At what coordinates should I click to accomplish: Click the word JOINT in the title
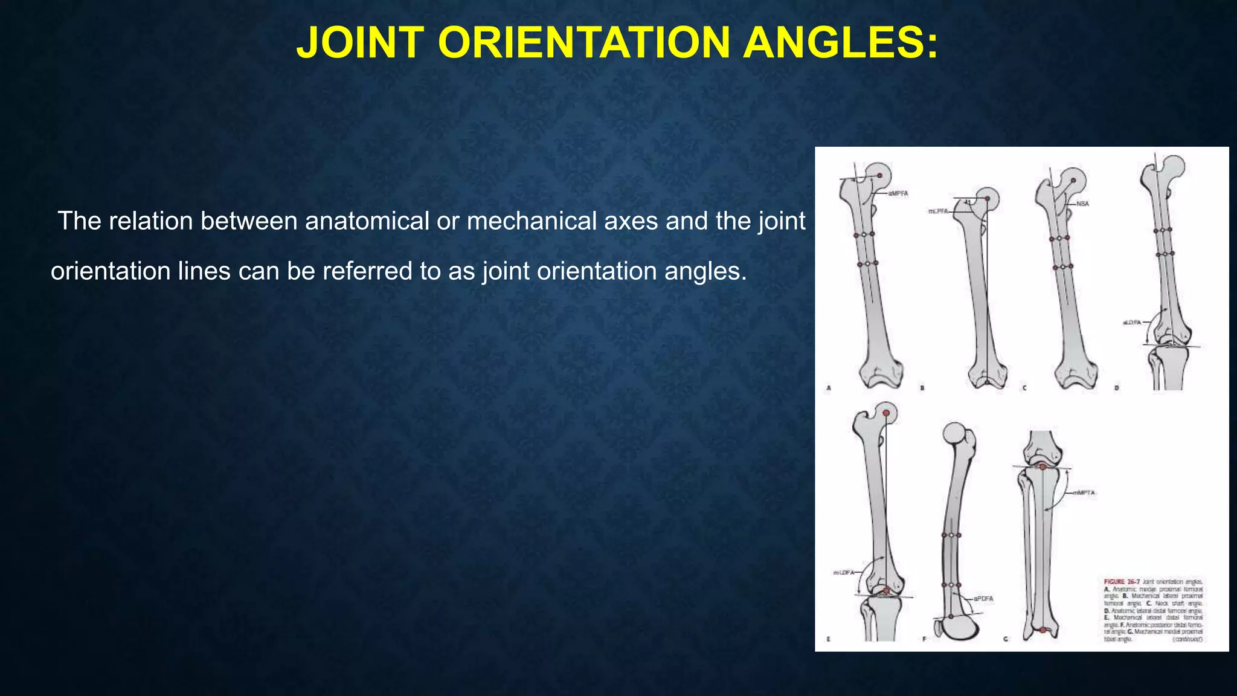361,43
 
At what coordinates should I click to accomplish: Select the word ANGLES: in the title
841,43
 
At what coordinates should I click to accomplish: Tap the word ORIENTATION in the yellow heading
583,43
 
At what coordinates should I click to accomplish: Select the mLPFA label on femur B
937,211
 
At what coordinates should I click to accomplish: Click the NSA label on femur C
1082,204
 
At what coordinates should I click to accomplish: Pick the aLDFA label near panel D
1131,323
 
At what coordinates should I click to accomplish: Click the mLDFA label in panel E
843,572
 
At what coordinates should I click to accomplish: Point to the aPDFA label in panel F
983,599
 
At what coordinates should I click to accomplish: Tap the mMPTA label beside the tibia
1084,493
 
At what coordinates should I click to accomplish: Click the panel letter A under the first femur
829,388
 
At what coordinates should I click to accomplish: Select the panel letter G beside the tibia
1006,639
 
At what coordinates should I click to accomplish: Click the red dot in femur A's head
880,176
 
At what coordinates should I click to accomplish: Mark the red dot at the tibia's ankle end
1043,630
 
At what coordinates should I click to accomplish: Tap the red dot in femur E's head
886,413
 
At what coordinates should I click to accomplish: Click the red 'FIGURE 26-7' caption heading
1122,582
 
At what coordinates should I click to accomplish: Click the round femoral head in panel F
954,434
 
